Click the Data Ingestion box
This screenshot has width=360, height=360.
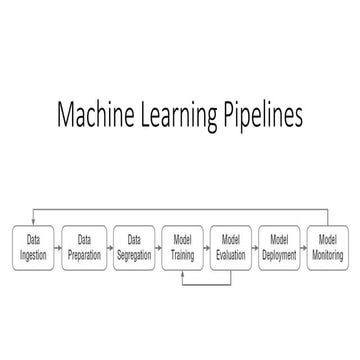pos(33,246)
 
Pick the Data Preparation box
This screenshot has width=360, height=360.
pos(83,246)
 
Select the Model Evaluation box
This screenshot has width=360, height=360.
pos(230,246)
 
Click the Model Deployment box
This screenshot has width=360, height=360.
pos(279,246)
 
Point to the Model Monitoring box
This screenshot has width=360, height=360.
pos(328,246)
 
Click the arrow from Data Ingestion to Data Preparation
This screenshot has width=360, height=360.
pos(58,246)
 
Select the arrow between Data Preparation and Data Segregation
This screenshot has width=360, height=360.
pos(107,246)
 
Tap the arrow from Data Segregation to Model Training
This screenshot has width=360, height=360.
pos(157,246)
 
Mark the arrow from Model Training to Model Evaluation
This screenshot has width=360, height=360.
pos(206,246)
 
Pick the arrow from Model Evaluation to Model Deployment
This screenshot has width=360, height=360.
pos(255,246)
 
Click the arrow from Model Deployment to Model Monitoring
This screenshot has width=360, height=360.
pos(304,246)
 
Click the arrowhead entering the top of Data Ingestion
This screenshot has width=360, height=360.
pos(33,223)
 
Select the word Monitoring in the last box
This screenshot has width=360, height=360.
pos(328,254)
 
